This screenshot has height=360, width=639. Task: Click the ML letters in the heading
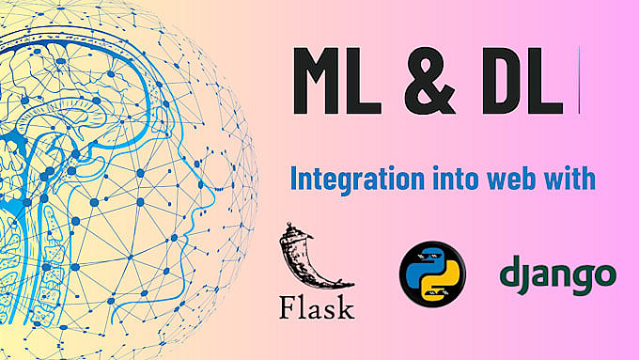[337, 81]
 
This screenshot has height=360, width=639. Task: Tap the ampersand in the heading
[430, 81]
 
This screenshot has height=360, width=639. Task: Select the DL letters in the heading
[522, 81]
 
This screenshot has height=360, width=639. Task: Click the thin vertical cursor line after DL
[579, 80]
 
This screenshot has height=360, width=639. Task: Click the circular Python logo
[432, 274]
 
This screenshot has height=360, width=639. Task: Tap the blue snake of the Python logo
[427, 264]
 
